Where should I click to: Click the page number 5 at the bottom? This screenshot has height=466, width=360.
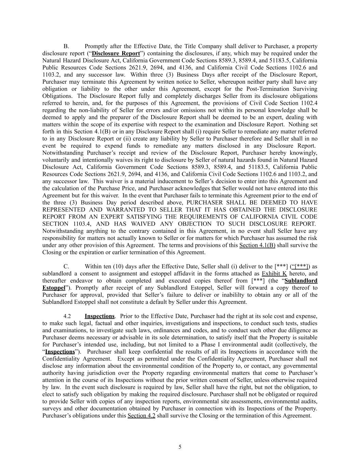(x=180, y=447)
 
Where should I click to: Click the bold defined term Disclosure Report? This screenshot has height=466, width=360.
(x=116, y=53)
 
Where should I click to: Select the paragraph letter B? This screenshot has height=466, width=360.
(x=66, y=46)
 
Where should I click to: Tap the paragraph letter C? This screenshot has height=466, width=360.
(x=66, y=266)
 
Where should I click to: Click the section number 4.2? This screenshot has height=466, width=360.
(x=67, y=316)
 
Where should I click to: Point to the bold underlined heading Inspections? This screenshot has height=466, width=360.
(x=99, y=316)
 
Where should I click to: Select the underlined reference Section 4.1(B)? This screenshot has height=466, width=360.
(x=257, y=245)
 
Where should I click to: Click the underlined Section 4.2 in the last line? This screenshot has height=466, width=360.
(x=141, y=415)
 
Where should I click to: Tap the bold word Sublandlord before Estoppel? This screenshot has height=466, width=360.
(x=301, y=281)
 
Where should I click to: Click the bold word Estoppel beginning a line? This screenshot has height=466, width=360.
(x=54, y=288)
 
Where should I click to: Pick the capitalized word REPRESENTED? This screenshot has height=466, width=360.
(x=64, y=210)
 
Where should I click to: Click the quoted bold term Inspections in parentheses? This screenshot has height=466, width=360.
(x=60, y=352)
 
